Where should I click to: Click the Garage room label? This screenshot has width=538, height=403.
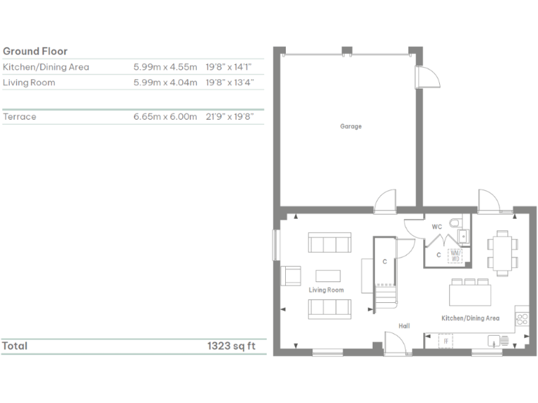351,127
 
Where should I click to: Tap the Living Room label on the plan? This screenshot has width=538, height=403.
326,290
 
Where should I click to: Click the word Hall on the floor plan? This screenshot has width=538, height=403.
404,326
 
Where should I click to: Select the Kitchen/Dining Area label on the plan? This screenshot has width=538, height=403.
470,318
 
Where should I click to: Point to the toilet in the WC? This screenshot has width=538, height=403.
456,223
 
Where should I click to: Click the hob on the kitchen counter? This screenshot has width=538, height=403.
522,319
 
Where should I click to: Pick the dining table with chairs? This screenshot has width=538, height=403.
503,250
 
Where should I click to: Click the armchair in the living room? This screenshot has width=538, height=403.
290,275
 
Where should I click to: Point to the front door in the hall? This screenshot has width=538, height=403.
395,344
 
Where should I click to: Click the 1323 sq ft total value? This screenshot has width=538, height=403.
230,346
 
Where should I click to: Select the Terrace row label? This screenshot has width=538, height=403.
20,117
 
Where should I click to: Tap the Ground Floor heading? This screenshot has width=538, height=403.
35,51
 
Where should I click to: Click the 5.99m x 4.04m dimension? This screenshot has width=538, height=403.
165,83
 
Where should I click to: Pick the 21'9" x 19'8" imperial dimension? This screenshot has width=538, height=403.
230,117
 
